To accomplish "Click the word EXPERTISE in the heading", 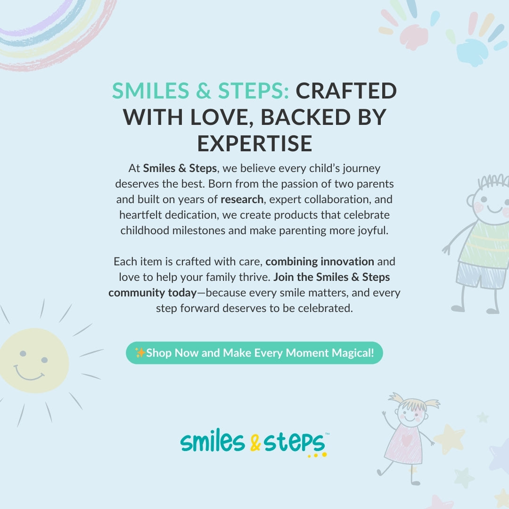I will [x=254, y=143].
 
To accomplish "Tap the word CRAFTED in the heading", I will [x=346, y=91].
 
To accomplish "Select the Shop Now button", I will [x=254, y=353].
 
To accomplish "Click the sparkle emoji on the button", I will [x=140, y=353].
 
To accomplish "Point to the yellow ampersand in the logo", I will [x=255, y=443].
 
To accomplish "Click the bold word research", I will [x=242, y=199].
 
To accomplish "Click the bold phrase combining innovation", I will [x=320, y=261].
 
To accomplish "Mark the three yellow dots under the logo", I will [x=316, y=455].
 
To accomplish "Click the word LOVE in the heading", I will [x=220, y=117].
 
